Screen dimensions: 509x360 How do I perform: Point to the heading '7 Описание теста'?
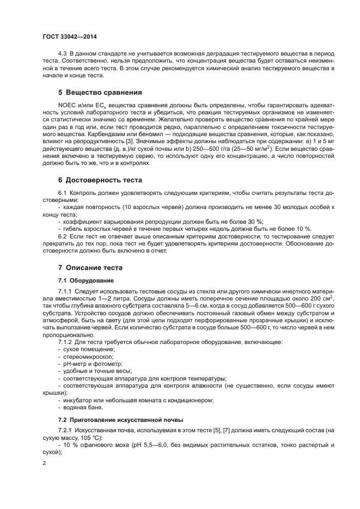coord(90,267)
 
